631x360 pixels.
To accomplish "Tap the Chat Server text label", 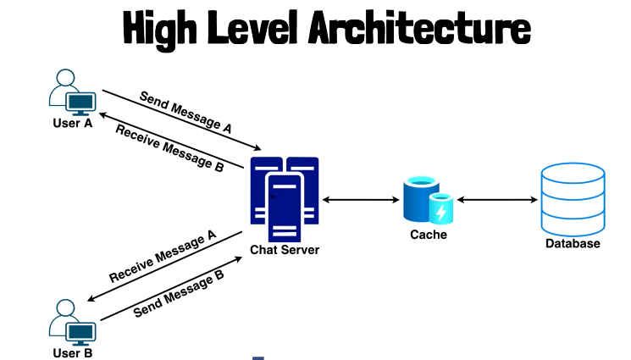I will pos(285,250).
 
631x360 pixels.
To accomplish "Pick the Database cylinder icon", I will pos(573,197).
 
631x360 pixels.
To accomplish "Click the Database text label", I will pos(573,244).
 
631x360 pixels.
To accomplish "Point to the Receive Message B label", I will pos(169,149).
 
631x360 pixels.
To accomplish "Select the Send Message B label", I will pos(179,293).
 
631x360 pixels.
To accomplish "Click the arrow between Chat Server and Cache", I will pos(360,200).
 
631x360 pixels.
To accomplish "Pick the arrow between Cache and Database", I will pos(497,200).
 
